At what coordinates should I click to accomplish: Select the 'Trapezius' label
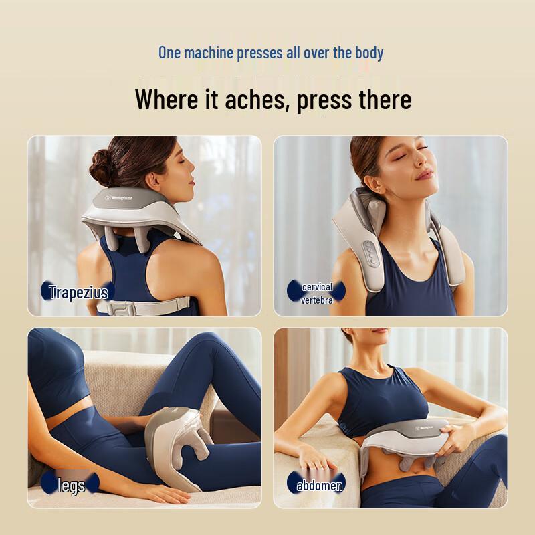pos(78,292)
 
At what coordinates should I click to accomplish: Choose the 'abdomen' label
pos(319,485)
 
